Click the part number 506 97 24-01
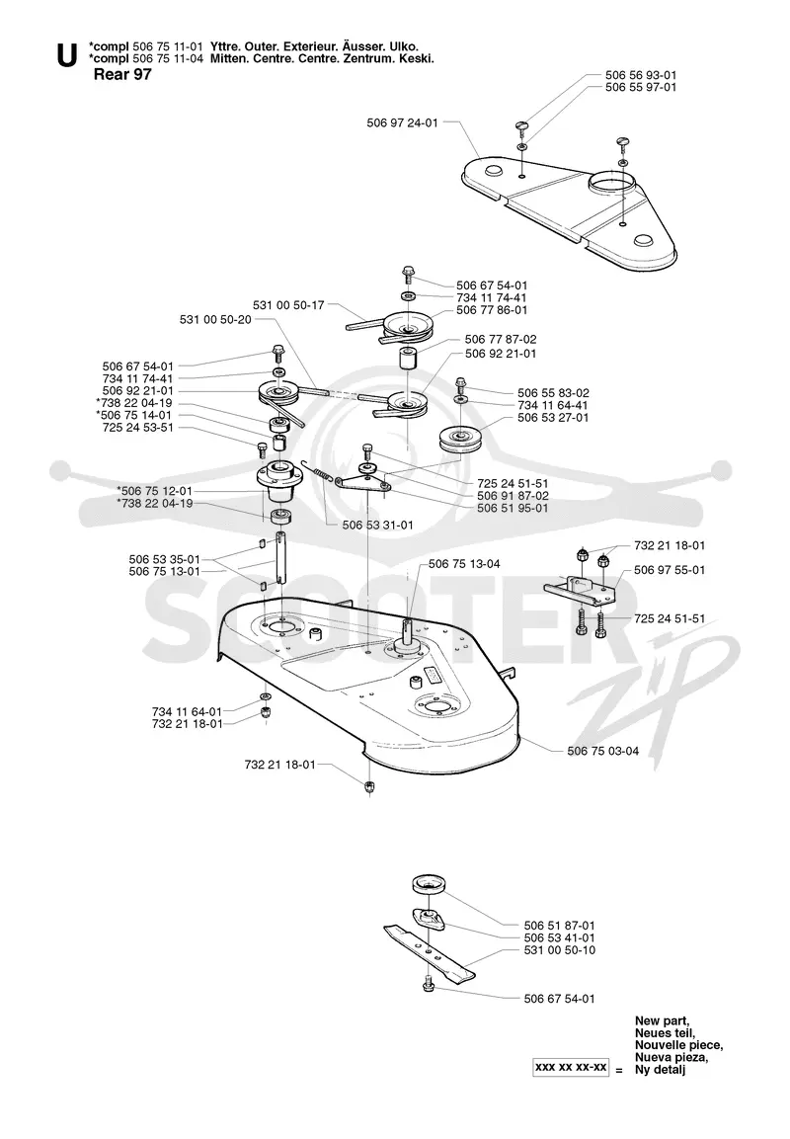[x=402, y=122]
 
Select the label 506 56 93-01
[x=641, y=75]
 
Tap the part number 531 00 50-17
[x=288, y=305]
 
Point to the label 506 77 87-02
[x=501, y=339]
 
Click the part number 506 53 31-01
[x=377, y=525]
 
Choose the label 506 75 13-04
[x=464, y=564]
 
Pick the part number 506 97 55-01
[x=670, y=569]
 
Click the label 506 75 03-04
[x=603, y=751]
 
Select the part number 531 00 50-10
[x=560, y=949]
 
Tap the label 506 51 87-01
[x=560, y=925]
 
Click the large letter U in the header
[x=67, y=56]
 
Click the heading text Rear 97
[x=122, y=74]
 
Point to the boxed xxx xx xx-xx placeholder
[x=571, y=1067]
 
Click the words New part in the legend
[x=663, y=1020]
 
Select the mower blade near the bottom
[x=430, y=947]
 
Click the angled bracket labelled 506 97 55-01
[x=581, y=589]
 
